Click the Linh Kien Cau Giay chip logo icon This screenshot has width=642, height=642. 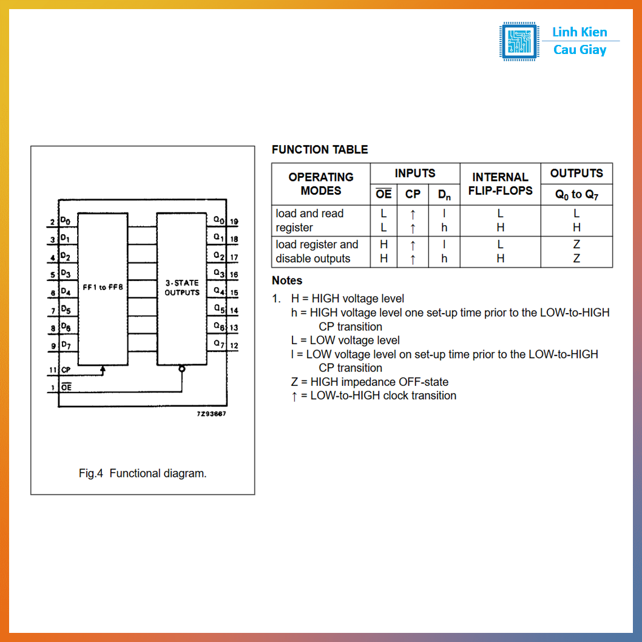519,41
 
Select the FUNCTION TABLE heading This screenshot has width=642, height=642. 320,149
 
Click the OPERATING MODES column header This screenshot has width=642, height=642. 320,184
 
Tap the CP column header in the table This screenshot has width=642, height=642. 413,194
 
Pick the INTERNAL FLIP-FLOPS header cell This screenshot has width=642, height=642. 500,184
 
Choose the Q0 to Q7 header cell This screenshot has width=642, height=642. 576,195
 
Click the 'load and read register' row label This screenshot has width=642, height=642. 310,220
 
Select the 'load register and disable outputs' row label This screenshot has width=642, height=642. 317,251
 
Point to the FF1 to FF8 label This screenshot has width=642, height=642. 103,287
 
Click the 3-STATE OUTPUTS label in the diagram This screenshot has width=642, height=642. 182,288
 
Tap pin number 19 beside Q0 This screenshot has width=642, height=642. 234,222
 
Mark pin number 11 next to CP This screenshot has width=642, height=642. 53,370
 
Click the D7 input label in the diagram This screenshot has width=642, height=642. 66,345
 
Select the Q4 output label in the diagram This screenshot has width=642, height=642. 219,291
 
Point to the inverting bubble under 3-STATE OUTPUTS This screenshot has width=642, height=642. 181,368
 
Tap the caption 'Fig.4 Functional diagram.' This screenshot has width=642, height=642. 143,473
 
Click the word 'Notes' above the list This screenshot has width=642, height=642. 287,280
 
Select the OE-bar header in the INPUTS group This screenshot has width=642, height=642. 384,194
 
